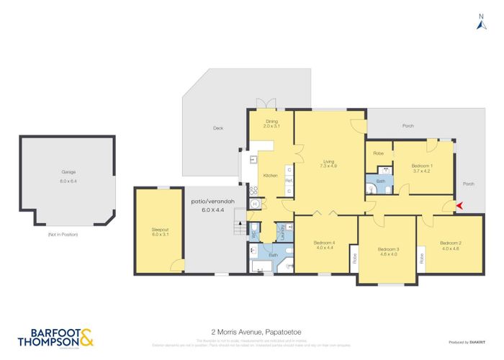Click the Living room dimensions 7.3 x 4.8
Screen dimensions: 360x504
coord(329,166)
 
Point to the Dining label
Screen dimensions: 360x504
coord(271,122)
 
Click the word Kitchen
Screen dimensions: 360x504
coord(270,176)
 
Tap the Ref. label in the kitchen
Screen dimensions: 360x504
coord(289,180)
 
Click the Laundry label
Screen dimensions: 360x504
coord(283,231)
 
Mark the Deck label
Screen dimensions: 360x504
coord(218,130)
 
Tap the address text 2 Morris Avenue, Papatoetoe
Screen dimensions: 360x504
coord(252,333)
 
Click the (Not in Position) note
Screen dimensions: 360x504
coord(64,235)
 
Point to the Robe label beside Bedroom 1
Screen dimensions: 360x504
coord(378,153)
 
